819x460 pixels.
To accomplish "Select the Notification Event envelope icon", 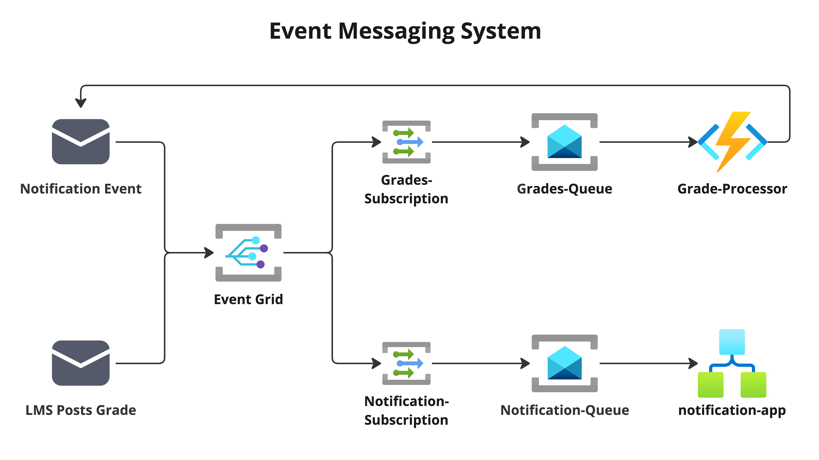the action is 81,142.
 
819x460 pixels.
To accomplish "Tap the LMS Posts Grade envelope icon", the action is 81,363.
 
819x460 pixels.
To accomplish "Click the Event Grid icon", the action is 248,253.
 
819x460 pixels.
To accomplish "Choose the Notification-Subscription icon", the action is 406,363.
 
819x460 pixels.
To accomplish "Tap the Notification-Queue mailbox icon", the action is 565,363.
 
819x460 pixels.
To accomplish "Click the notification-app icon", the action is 732,363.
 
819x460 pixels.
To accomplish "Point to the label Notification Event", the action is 81,189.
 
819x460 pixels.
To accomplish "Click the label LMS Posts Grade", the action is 81,410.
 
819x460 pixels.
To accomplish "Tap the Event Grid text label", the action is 248,300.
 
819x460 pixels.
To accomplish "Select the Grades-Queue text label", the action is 565,189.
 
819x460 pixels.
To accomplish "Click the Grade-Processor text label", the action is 732,189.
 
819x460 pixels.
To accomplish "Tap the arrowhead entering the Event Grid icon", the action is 209,253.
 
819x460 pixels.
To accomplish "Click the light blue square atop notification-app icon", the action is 732,342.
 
